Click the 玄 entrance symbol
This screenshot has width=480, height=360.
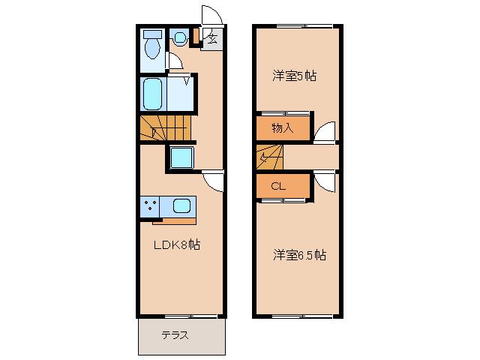click(x=211, y=40)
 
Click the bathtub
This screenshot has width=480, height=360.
click(x=154, y=94)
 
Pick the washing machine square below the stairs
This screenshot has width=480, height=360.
click(x=182, y=157)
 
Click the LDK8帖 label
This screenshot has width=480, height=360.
click(x=177, y=245)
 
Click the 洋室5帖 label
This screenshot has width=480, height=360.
click(x=292, y=75)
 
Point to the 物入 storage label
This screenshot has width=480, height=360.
click(x=281, y=128)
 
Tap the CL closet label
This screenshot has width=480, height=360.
click(x=277, y=186)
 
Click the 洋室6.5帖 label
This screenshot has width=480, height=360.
click(x=298, y=255)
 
